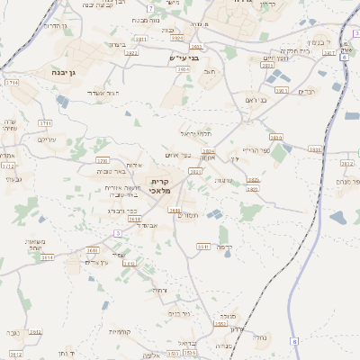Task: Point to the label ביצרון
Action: click(118, 44)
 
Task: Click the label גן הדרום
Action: click(55, 26)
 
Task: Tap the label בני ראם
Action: click(256, 101)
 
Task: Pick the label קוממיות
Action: click(120, 331)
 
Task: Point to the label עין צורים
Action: click(96, 261)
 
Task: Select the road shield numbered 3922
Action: click(132, 53)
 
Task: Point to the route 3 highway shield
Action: click(117, 234)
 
